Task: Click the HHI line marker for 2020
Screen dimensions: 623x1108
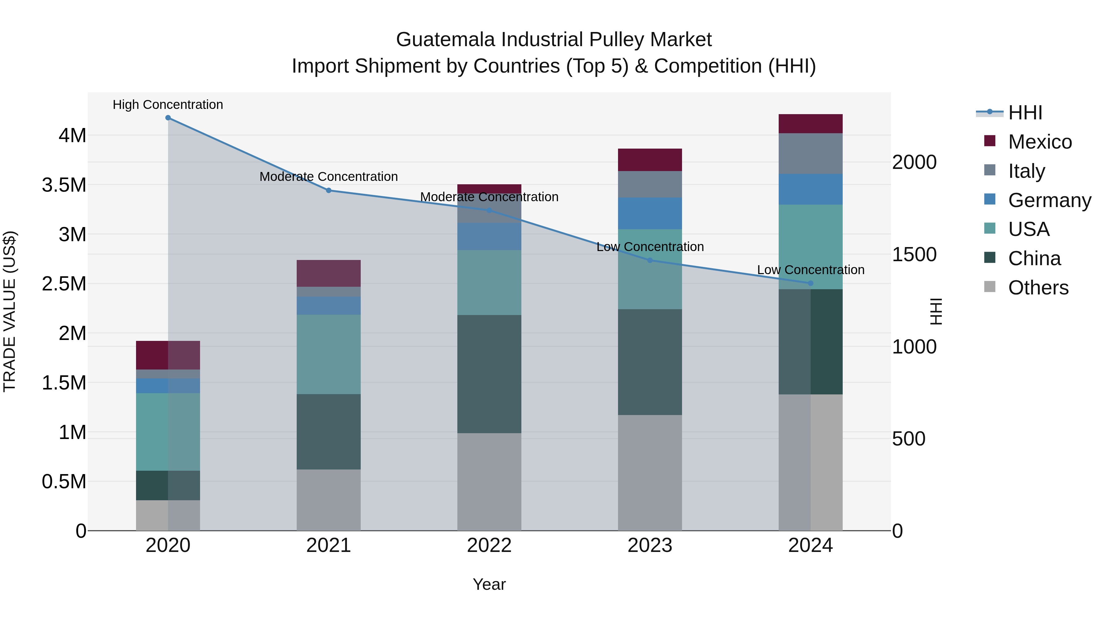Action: [x=168, y=118]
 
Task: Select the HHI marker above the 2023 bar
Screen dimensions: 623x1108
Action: [x=650, y=260]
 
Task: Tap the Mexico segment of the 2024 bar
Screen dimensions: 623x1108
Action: [x=810, y=124]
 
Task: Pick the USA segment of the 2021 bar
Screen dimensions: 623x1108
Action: [x=329, y=354]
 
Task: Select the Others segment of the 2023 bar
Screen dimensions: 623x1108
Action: [x=650, y=473]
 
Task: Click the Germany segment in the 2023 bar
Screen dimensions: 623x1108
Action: [x=650, y=213]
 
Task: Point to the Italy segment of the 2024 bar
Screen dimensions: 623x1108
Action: [x=810, y=154]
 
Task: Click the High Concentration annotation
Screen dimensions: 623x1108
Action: [x=168, y=105]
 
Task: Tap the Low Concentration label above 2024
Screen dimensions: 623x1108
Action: [x=810, y=270]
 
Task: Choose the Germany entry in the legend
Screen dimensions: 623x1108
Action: [x=1050, y=200]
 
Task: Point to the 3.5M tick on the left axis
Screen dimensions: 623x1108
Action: [x=64, y=185]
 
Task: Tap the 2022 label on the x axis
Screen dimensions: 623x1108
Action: [x=489, y=545]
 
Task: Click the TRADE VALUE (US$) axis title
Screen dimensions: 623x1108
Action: [x=10, y=311]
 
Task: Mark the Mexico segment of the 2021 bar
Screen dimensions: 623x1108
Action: [x=329, y=274]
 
